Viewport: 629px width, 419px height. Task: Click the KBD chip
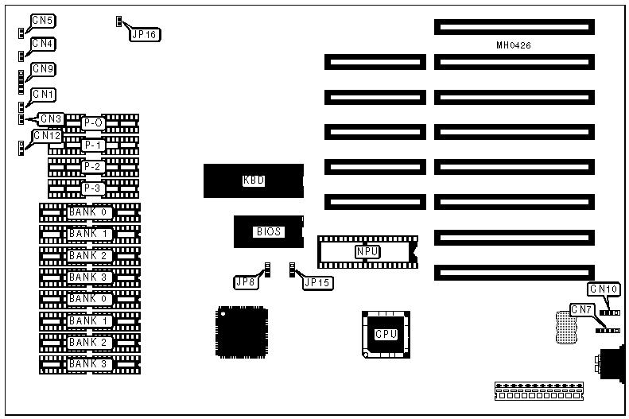[253, 180]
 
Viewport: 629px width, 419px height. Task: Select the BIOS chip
[267, 232]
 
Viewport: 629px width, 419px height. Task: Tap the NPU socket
[367, 251]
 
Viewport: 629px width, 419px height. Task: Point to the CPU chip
[386, 334]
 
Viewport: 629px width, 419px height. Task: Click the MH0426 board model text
[514, 45]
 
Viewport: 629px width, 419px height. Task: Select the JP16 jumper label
[144, 34]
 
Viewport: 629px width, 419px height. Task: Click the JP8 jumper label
[246, 281]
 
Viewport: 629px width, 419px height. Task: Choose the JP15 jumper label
[318, 281]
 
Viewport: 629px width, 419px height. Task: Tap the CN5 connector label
[43, 20]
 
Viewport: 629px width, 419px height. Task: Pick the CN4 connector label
[43, 44]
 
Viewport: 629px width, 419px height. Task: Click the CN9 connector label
[43, 69]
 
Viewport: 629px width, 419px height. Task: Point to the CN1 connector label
[43, 95]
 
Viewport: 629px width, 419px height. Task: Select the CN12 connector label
[47, 136]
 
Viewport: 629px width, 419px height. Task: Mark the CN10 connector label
[604, 289]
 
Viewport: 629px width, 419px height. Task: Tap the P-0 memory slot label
[94, 123]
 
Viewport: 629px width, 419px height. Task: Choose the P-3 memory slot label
[94, 188]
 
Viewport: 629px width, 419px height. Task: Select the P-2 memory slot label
[94, 167]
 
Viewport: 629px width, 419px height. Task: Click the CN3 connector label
[52, 119]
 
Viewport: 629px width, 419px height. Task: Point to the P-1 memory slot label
[94, 145]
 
